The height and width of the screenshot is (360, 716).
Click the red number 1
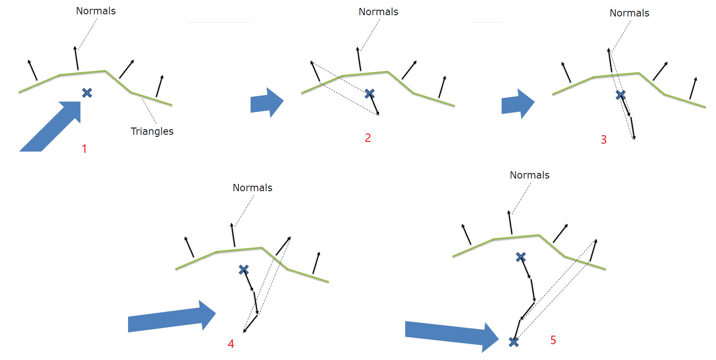click(x=84, y=149)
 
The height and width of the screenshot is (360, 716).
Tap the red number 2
click(x=368, y=138)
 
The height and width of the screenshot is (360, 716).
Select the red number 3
click(x=604, y=140)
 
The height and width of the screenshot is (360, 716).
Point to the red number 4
click(x=231, y=344)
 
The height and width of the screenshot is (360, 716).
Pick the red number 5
click(x=553, y=340)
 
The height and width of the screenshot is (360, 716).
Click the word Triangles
click(x=152, y=131)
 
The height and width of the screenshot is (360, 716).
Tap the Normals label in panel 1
click(x=96, y=11)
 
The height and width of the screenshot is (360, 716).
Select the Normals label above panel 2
click(x=378, y=12)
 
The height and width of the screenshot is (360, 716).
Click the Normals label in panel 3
click(x=629, y=13)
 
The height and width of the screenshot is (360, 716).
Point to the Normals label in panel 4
click(x=252, y=188)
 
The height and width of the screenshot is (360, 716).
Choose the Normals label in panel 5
click(x=529, y=175)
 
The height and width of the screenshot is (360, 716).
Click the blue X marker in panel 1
click(x=87, y=93)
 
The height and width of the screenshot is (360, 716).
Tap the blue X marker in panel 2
click(x=369, y=93)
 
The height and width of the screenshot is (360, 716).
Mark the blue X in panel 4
click(x=243, y=269)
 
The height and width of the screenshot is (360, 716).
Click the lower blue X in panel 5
click(x=514, y=342)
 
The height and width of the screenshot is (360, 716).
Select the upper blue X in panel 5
click(x=521, y=257)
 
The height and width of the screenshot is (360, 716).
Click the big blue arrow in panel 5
click(x=452, y=336)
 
